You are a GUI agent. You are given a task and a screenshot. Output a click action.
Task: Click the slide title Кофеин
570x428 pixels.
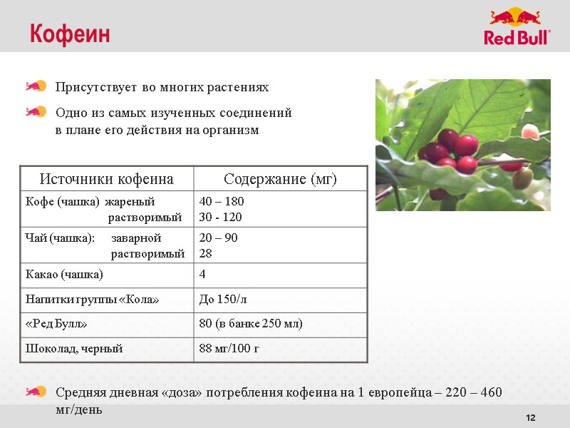tap(70, 34)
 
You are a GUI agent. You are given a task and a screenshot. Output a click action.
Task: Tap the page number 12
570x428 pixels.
tap(529, 417)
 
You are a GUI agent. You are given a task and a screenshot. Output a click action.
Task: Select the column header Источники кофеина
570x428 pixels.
tap(106, 178)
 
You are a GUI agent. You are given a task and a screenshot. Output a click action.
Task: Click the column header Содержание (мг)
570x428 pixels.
tap(280, 178)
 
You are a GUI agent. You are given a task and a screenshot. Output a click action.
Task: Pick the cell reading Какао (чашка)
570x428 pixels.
tap(64, 275)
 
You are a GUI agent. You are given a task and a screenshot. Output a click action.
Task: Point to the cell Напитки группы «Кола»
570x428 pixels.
tap(92, 300)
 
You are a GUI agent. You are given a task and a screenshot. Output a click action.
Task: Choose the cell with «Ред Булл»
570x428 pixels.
tap(56, 324)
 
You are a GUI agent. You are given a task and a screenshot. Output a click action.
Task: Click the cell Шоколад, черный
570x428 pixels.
tap(74, 349)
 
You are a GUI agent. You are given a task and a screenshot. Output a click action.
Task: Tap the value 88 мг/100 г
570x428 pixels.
tap(229, 349)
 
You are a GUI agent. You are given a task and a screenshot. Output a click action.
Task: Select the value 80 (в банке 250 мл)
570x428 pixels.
tap(251, 324)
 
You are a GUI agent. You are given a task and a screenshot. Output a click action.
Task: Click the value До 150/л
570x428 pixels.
tap(223, 300)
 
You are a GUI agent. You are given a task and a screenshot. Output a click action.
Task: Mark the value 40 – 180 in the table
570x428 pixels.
tap(222, 201)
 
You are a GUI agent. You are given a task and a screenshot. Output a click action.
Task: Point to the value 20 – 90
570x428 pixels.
tap(218, 238)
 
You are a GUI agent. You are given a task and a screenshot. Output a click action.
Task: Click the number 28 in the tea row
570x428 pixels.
tap(206, 253)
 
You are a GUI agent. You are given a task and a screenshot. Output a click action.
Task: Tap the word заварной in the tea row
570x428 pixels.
tap(137, 238)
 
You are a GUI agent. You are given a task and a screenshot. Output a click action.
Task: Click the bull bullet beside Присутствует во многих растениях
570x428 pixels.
tap(36, 87)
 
